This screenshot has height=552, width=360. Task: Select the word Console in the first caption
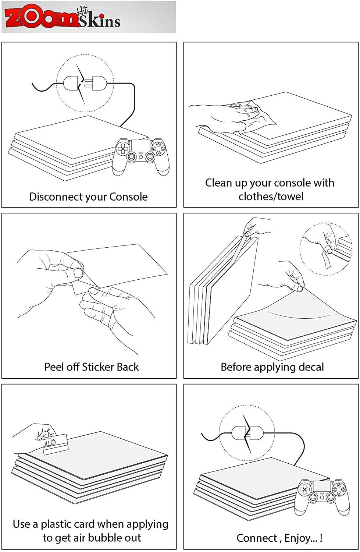pyautogui.click(x=128, y=197)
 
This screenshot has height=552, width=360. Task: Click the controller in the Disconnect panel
pyautogui.click(x=140, y=157)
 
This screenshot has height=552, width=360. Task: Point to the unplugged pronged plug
pyautogui.click(x=96, y=83)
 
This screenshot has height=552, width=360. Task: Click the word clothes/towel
pyautogui.click(x=271, y=197)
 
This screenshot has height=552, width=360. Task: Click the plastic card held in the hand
pyautogui.click(x=56, y=444)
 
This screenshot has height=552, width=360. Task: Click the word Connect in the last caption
pyautogui.click(x=257, y=538)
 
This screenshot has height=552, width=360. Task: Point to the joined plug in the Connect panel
pyautogui.click(x=247, y=433)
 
